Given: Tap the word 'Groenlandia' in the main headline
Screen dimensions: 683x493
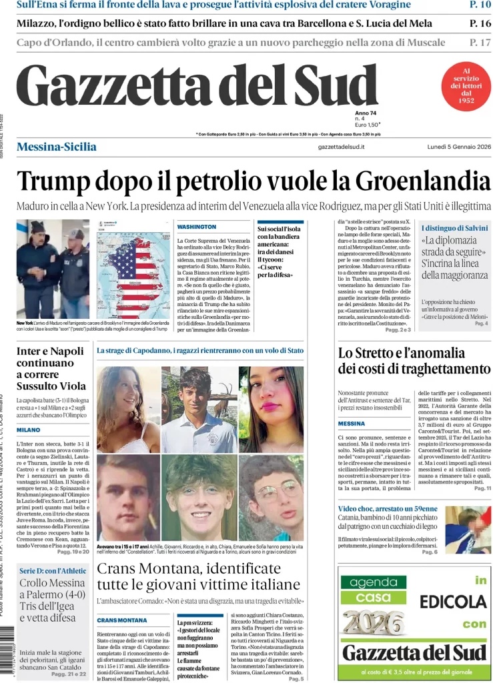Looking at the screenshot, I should coord(418,181).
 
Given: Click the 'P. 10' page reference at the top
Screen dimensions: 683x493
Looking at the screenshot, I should coord(480,5).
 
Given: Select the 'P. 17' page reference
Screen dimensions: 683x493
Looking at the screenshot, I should coord(480,43).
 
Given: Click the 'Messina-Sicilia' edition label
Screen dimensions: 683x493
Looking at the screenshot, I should coord(56,147).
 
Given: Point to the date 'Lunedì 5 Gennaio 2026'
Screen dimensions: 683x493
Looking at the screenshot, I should coord(459,147).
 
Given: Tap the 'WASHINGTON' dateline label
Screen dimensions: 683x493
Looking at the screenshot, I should coord(197,227).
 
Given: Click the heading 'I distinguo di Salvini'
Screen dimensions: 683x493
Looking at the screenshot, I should coord(454,228).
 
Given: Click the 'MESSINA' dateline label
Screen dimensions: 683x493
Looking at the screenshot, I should coord(352,424).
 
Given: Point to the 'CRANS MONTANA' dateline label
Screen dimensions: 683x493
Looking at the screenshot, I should coord(122,620).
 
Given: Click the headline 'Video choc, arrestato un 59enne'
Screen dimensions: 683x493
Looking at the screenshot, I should coord(387,509).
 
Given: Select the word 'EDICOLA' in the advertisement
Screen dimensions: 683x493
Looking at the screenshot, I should coord(453,602).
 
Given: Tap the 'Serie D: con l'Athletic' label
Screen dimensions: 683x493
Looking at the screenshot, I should coord(53,570).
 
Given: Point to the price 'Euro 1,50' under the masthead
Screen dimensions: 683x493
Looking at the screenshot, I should coord(367,125).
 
